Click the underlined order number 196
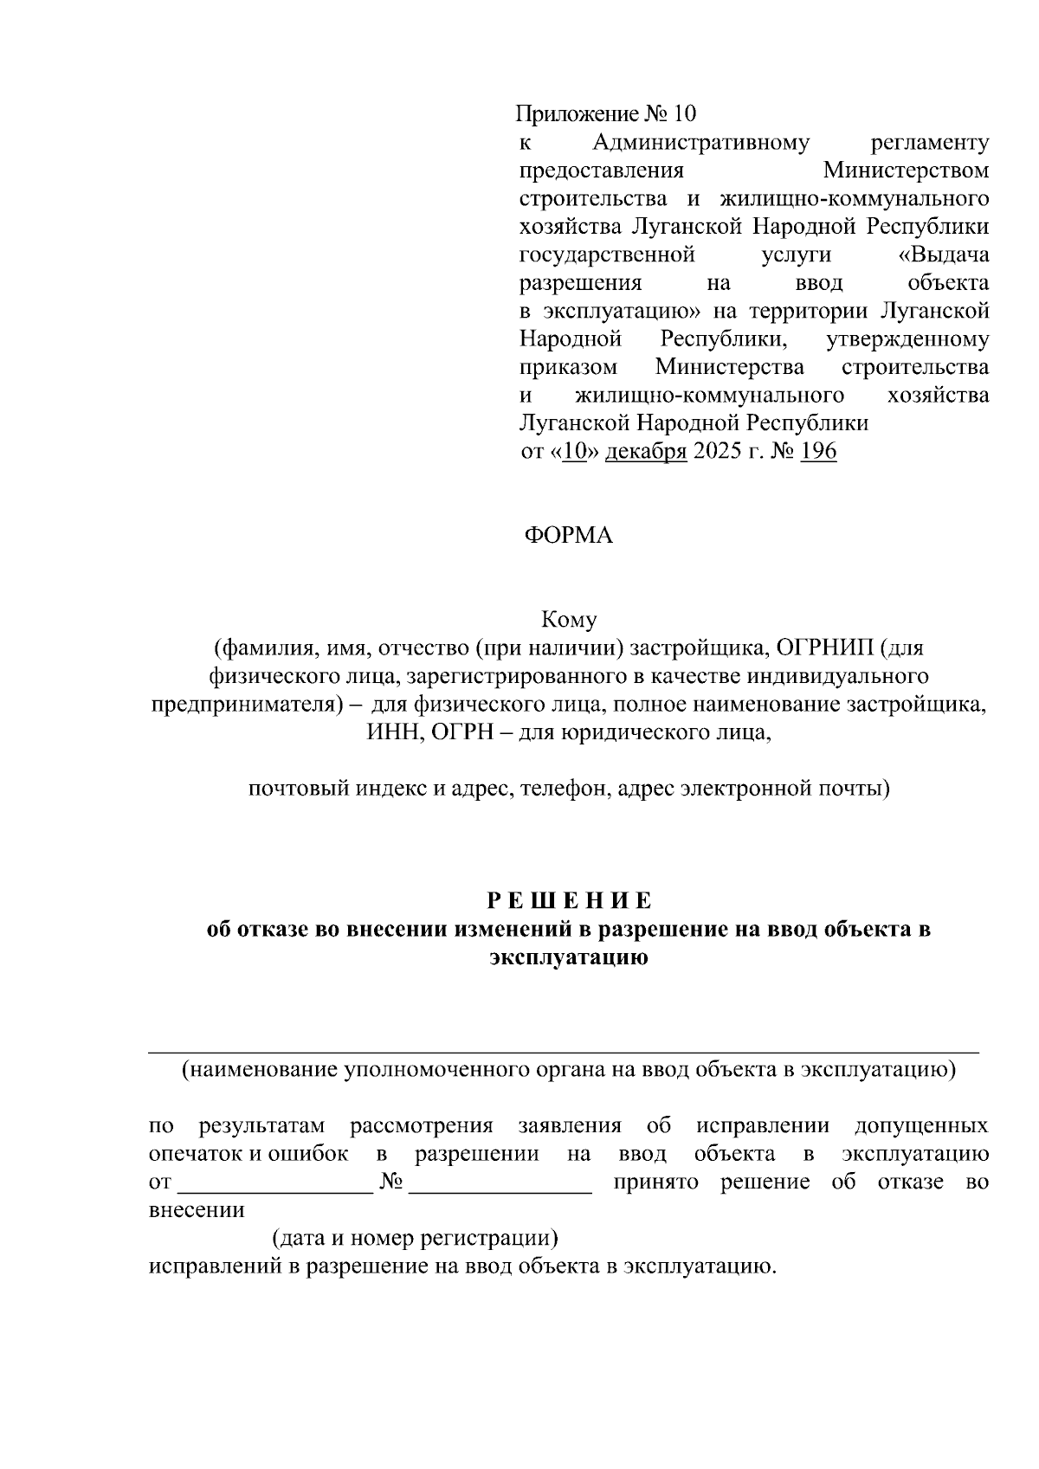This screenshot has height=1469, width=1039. [818, 452]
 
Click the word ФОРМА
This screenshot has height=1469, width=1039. [568, 536]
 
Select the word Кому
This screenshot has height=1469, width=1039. [568, 620]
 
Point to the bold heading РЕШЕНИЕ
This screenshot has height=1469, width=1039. [568, 901]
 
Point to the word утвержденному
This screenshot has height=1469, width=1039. [907, 339]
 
